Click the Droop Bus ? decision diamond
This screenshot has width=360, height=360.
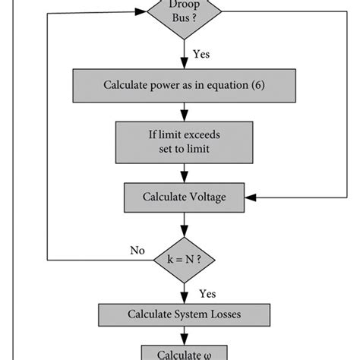(184, 14)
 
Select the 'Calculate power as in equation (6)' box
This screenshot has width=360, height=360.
(184, 84)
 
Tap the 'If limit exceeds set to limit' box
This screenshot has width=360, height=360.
(184, 141)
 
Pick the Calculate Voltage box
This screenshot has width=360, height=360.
(184, 197)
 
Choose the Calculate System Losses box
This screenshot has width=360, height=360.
(184, 313)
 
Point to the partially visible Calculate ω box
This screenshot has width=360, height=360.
(184, 352)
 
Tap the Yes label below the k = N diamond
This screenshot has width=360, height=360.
(207, 292)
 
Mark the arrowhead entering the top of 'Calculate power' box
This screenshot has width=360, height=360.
(184, 66)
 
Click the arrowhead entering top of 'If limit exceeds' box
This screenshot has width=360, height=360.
(184, 117)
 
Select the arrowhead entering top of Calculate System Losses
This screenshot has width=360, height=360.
(184, 299)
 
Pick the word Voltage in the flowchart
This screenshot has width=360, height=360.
(205, 197)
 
